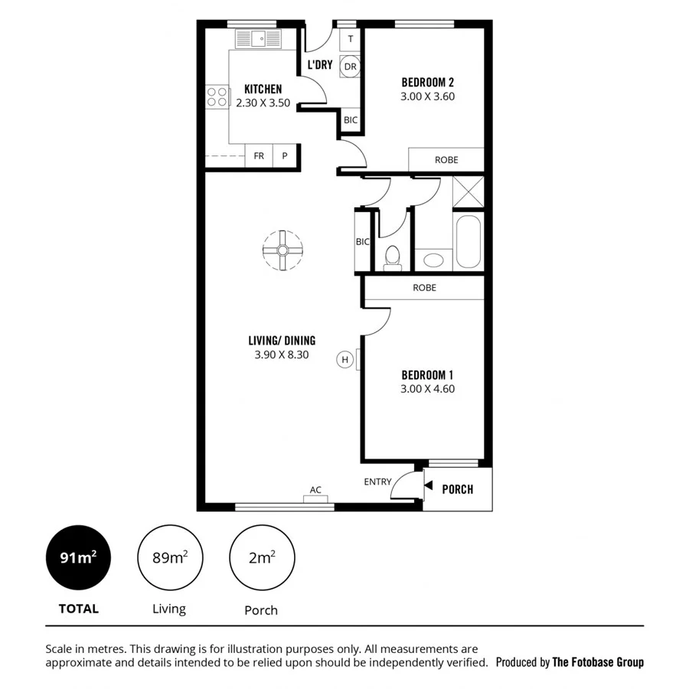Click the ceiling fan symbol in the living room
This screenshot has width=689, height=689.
pos(282,250)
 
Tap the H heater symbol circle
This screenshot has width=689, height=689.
pos(345,359)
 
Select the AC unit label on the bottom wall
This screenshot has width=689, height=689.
pos(315,490)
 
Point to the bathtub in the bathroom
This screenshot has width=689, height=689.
pos(468,242)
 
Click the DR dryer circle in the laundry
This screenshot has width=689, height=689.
pos(350,67)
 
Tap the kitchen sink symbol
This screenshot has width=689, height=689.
pos(256,38)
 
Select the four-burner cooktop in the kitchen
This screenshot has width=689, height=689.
pos(217,96)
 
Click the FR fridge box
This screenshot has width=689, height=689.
pos(259,156)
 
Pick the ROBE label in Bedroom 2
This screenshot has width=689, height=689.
pos(446,160)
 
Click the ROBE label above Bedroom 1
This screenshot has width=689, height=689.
pos(424,288)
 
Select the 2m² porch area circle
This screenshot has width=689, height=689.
pos(262,557)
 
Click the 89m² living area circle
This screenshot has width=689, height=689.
pos(169,557)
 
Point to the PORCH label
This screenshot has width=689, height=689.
pos(458,489)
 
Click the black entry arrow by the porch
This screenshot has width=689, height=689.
pos(428,486)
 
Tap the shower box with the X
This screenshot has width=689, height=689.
pos(468,191)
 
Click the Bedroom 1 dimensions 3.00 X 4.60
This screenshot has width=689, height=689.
pos(427,389)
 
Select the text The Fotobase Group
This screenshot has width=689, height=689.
pos(598,662)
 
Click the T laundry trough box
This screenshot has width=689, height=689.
pos(350,39)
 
